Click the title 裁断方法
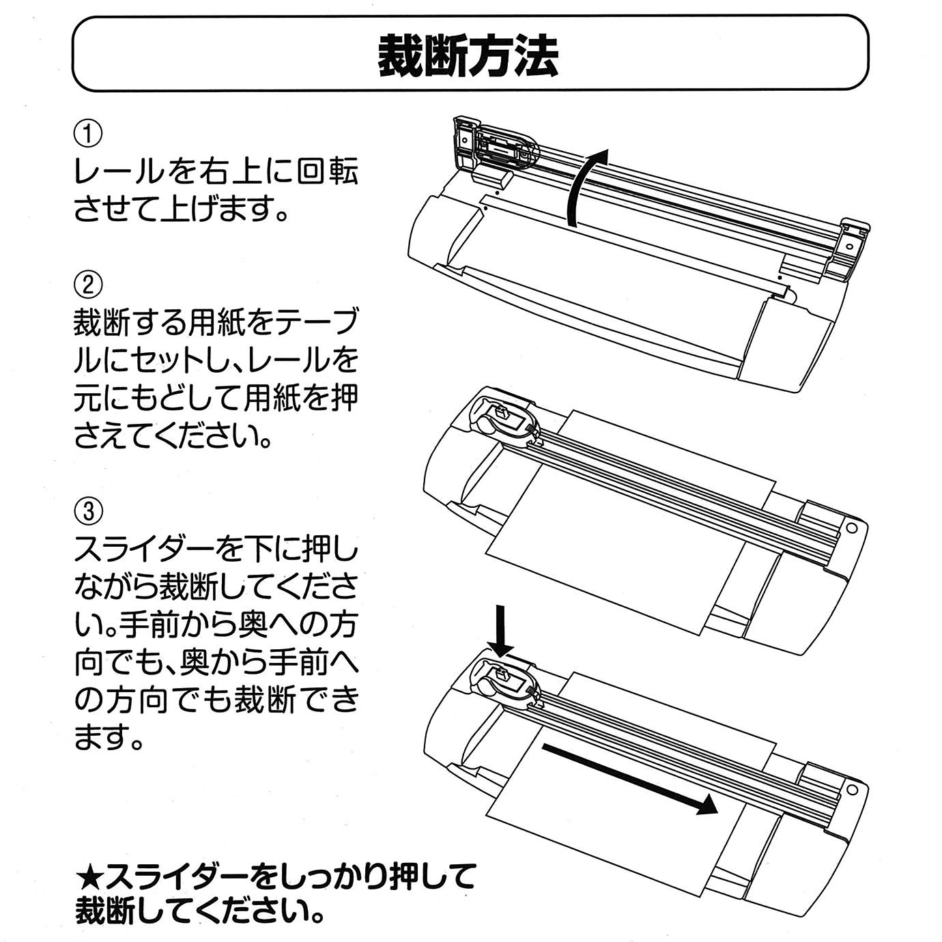[469, 55]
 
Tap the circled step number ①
[88, 134]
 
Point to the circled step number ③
[88, 510]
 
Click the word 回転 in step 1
[328, 171]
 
